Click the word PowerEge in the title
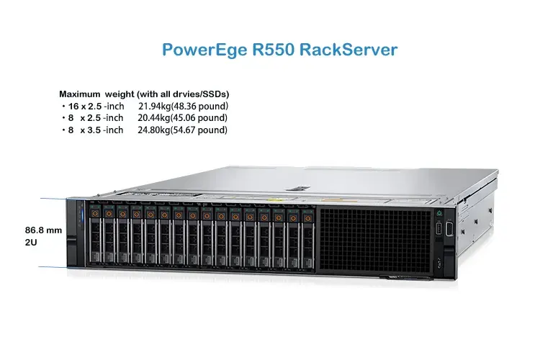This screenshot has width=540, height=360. click(204, 50)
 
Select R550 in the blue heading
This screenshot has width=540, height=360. click(274, 50)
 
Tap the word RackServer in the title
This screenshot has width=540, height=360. click(348, 50)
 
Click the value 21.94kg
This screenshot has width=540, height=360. click(155, 107)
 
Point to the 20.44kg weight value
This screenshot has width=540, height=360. click(154, 118)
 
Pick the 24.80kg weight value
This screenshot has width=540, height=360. click(154, 130)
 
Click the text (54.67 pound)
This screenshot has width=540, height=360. click(199, 130)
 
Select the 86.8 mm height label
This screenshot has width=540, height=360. click(43, 230)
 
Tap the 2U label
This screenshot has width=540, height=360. click(31, 243)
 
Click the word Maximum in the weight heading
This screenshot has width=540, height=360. click(79, 94)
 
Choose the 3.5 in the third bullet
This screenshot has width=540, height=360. click(94, 130)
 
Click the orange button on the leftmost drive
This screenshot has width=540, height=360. click(95, 214)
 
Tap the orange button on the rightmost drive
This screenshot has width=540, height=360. click(308, 218)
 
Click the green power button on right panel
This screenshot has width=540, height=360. click(439, 214)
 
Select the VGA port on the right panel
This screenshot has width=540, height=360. click(449, 228)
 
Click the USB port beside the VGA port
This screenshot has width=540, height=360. click(438, 229)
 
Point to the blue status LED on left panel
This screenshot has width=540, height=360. click(82, 217)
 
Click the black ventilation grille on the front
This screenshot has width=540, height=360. click(375, 240)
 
